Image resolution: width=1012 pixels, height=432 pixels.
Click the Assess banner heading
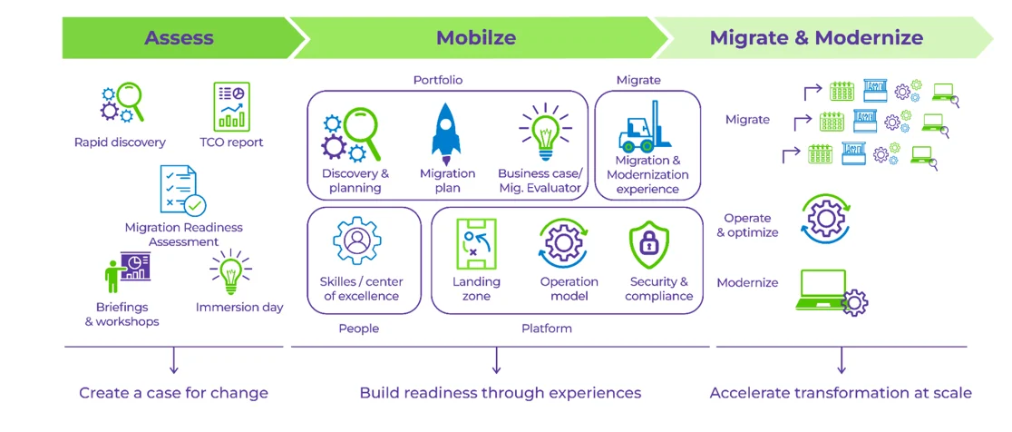pos(179,38)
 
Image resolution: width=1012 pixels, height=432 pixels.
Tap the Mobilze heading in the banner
pos(475,38)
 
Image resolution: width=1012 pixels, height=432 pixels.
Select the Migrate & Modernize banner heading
pos(816,38)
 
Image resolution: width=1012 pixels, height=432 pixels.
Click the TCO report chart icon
pos(231,106)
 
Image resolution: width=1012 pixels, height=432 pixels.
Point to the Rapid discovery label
pos(120,142)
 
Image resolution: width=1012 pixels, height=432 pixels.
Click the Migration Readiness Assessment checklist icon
pos(182,190)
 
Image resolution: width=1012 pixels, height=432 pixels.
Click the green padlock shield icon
pos(648,244)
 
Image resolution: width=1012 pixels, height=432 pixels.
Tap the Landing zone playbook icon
pos(476,244)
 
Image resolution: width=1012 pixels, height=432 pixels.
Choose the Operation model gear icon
pos(564,244)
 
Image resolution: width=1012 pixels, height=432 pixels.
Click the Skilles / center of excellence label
pos(361,289)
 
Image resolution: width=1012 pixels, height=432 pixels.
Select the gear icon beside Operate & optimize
pos(826,219)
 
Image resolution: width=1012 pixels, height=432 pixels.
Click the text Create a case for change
pos(173,393)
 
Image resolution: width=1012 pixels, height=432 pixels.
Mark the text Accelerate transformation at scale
pos(841,393)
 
